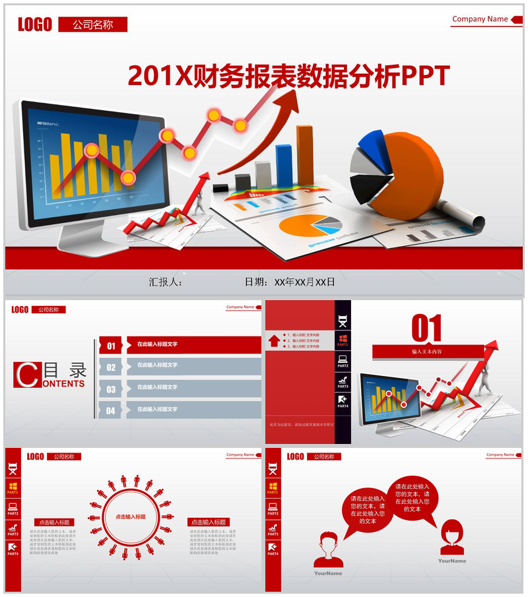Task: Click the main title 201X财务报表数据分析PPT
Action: [x=288, y=76]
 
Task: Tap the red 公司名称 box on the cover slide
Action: [x=92, y=25]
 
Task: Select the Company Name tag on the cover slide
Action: [x=480, y=19]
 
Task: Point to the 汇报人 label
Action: [x=165, y=282]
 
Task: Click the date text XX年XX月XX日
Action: [x=305, y=282]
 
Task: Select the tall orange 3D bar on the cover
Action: [x=305, y=155]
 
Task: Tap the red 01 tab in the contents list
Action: [x=111, y=345]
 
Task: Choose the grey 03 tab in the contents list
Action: [x=111, y=389]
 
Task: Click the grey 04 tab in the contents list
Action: [x=111, y=410]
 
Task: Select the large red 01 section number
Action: [x=426, y=328]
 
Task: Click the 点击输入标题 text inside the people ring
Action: [x=131, y=517]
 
